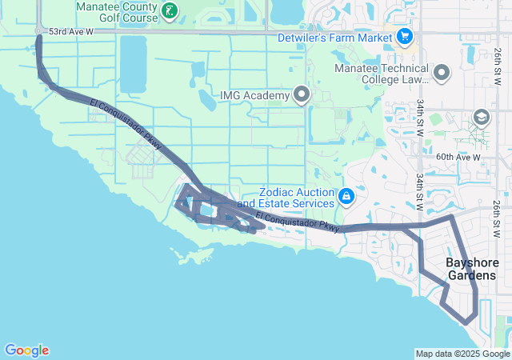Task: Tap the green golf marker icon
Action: [170, 10]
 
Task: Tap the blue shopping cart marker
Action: [404, 36]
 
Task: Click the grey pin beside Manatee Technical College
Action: [442, 74]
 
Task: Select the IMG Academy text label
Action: [254, 96]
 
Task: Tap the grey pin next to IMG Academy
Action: [302, 95]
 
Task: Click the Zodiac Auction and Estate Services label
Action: [297, 198]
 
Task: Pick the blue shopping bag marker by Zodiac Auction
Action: [346, 196]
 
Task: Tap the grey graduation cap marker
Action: [481, 118]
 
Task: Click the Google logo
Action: [26, 350]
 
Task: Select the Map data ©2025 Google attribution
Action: [462, 354]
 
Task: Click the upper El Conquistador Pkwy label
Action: [126, 126]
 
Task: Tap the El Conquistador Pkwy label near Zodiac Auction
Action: [298, 222]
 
